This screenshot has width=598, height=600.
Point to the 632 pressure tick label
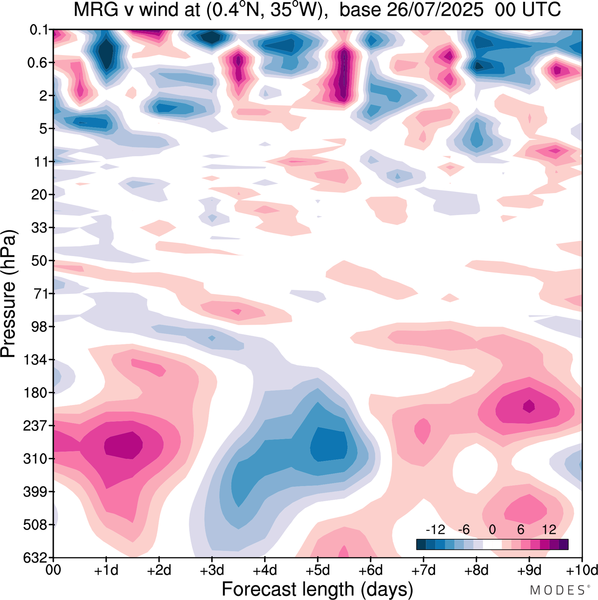[x=36, y=558]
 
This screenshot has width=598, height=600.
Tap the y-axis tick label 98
[x=39, y=327]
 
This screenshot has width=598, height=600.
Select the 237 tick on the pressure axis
[x=36, y=426]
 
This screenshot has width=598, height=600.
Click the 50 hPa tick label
[x=39, y=260]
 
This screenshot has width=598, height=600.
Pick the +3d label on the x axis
[x=212, y=570]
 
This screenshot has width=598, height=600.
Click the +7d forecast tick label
[x=423, y=570]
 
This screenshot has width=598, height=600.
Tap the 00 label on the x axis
[x=54, y=570]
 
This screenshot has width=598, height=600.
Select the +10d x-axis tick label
[x=582, y=570]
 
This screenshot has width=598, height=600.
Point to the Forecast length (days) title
[x=317, y=589]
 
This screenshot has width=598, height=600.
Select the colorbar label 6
[x=520, y=530]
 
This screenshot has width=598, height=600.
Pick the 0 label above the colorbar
[x=492, y=530]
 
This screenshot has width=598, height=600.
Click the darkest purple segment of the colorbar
[x=563, y=544]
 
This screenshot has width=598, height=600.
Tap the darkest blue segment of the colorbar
[x=421, y=544]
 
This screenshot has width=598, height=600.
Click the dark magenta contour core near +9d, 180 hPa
[x=529, y=406]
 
